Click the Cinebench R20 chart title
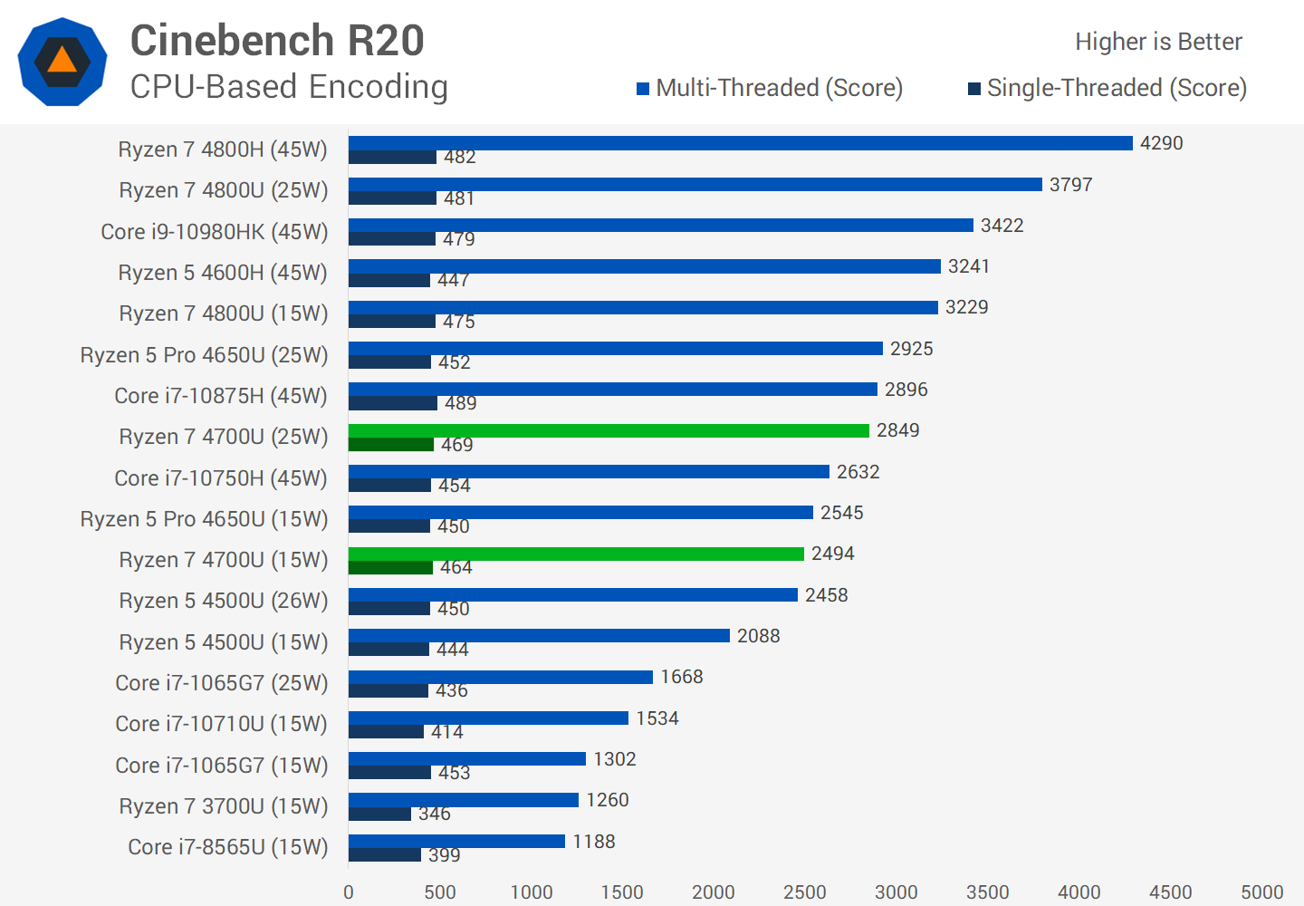click(x=277, y=41)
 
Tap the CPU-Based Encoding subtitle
click(x=289, y=87)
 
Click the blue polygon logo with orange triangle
click(x=62, y=62)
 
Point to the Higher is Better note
click(x=1158, y=42)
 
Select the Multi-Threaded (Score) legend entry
click(x=770, y=88)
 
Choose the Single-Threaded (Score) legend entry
click(x=1107, y=88)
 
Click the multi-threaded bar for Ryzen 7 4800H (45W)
click(x=740, y=143)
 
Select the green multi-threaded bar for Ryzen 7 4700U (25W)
click(x=609, y=430)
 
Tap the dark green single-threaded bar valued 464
click(x=390, y=568)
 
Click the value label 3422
click(x=1002, y=226)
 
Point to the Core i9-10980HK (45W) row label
click(x=215, y=232)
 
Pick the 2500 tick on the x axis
click(x=804, y=892)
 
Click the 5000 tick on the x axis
click(x=1261, y=892)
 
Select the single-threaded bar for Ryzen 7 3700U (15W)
click(x=379, y=814)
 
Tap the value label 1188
click(x=593, y=842)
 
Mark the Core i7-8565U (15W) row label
click(x=228, y=847)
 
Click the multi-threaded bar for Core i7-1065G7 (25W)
click(x=501, y=677)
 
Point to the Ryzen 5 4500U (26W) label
click(x=224, y=601)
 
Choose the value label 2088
click(x=758, y=636)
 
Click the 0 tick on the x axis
click(x=349, y=892)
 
